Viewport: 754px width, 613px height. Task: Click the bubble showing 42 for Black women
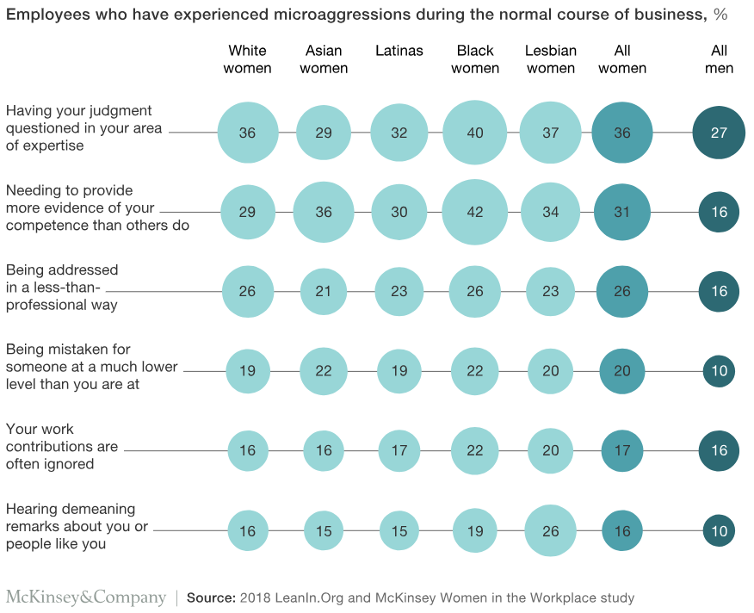point(474,212)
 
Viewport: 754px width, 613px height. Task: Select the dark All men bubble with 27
point(719,133)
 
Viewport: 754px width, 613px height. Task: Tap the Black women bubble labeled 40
point(474,133)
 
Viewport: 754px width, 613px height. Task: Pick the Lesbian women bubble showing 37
point(551,133)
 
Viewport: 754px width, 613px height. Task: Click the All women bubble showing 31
point(622,212)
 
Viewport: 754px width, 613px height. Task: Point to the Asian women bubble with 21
point(324,292)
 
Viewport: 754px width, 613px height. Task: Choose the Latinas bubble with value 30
point(399,212)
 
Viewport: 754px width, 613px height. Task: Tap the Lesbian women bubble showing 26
point(551,530)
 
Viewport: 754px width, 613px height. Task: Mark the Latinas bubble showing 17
point(399,451)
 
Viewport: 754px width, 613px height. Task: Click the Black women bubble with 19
point(474,530)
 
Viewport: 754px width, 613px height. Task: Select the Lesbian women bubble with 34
point(551,212)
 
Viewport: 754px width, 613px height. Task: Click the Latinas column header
point(399,51)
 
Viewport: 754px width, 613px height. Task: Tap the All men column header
point(719,59)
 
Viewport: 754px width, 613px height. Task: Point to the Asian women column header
point(324,59)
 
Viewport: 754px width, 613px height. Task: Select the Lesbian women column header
point(551,59)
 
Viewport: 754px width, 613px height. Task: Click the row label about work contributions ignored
point(62,447)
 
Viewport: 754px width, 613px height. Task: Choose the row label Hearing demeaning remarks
point(77,526)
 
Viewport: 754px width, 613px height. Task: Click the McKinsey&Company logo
point(86,598)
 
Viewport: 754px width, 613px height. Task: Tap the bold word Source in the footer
point(211,598)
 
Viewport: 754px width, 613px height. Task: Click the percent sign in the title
point(720,15)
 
